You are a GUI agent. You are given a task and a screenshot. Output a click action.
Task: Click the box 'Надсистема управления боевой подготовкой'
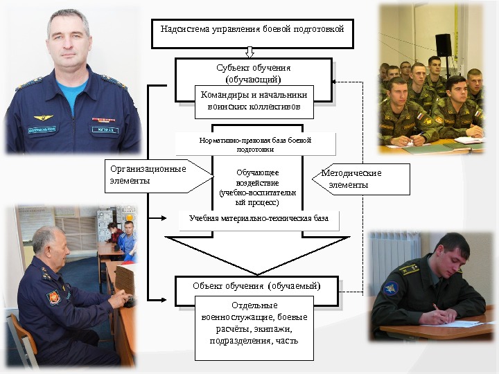coord(252,30)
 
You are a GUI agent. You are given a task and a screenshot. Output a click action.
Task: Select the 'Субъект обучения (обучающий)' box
coord(253,70)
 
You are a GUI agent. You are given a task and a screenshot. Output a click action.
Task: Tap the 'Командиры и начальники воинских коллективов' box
coord(253,101)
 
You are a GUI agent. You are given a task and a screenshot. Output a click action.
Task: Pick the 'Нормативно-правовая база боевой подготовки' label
coord(255,144)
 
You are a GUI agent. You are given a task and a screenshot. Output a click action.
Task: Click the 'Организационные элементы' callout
coord(148,175)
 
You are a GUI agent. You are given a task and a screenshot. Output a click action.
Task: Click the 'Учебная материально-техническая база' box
coord(259,219)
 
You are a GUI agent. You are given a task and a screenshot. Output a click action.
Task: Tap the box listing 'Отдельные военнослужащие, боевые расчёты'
coord(254,327)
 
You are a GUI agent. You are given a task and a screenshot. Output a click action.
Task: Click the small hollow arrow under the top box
coord(250,51)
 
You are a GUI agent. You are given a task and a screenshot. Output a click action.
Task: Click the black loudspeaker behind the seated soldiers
coord(443,44)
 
